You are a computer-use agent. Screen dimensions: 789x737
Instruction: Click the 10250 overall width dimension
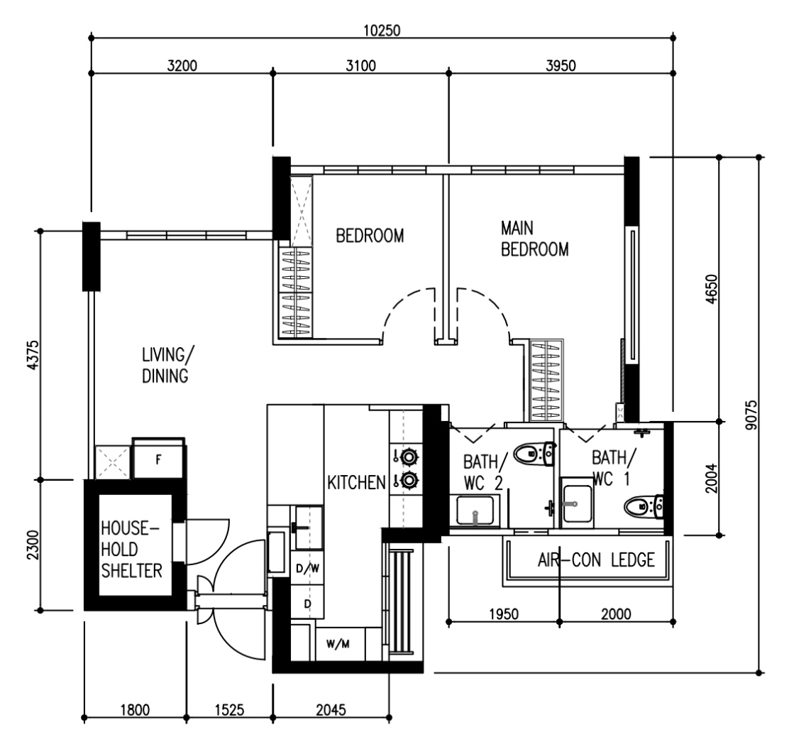[x=382, y=31]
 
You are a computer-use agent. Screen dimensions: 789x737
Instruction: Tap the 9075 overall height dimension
[x=751, y=415]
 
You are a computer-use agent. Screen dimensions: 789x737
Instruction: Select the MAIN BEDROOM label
[x=534, y=239]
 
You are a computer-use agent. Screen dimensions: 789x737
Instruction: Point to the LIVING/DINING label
[x=167, y=366]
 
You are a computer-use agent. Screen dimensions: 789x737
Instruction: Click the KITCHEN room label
[x=356, y=482]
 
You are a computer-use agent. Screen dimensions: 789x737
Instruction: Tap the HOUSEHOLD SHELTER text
[x=131, y=550]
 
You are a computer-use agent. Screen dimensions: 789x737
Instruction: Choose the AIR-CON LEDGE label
[x=596, y=559]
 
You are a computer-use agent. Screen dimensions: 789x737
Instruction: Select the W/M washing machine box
[x=338, y=644]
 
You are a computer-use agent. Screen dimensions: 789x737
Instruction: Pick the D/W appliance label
[x=307, y=568]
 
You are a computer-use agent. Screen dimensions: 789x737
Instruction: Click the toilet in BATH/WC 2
[x=534, y=453]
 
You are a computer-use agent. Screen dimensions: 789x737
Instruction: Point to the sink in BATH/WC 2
[x=475, y=511]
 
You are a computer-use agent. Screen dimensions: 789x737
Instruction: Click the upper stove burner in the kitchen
[x=409, y=457]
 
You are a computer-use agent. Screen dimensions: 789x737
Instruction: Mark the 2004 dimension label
[x=710, y=479]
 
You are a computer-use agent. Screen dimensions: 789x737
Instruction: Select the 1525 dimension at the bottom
[x=229, y=710]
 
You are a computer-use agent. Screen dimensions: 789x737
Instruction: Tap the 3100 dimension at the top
[x=360, y=65]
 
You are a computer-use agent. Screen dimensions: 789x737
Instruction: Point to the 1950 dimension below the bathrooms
[x=504, y=614]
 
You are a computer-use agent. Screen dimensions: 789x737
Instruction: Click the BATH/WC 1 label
[x=614, y=468]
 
